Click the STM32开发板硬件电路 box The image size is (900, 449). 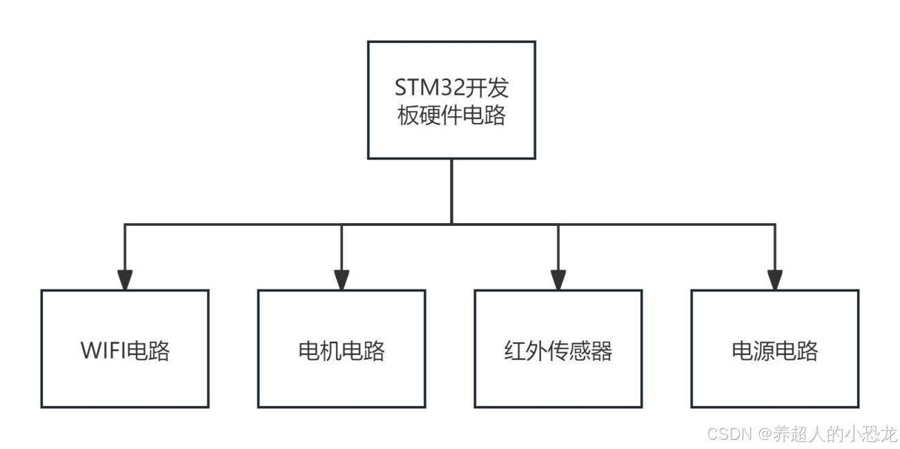coord(451,100)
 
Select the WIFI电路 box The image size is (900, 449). coord(125,349)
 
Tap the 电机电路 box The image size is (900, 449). coord(342,349)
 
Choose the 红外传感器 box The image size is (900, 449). coord(558,349)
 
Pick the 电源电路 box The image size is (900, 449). coord(775,349)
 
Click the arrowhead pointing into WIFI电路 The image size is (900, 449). coord(125,279)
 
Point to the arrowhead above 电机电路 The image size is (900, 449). coord(342,279)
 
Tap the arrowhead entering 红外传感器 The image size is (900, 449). coord(558,279)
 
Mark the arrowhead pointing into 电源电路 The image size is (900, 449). coord(775,279)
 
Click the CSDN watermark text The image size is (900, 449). coord(729,434)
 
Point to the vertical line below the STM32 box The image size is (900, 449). coord(451,191)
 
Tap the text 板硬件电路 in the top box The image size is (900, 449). coord(451,115)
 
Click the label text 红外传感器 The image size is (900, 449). coord(558,352)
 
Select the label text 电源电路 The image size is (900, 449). coord(775,352)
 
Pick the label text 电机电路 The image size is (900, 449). coord(342,352)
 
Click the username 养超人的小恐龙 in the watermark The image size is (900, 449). coord(834,434)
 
